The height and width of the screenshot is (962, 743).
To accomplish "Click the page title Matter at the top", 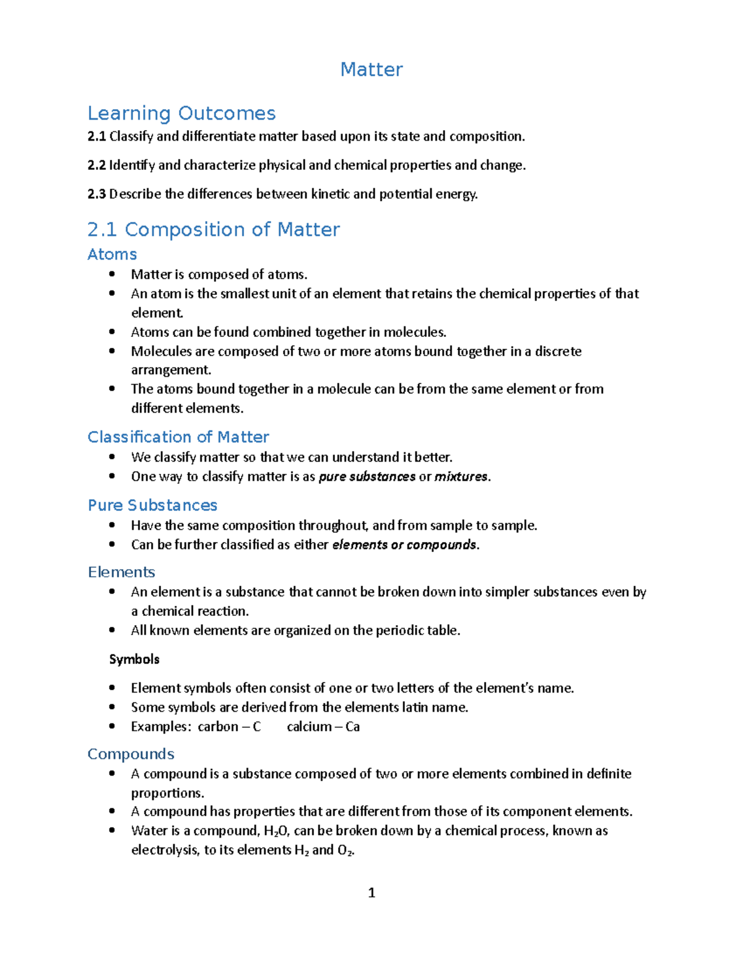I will pos(371,69).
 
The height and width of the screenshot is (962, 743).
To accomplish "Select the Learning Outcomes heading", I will pos(181,113).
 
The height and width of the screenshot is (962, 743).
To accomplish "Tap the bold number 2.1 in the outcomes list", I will pos(97,137).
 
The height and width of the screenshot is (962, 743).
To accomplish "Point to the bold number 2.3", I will pos(97,195).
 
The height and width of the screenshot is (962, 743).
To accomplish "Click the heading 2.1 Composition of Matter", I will pos(214,230).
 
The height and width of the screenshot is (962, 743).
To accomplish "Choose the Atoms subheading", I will pos(112,255).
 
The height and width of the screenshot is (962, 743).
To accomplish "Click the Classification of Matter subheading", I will pos(178,437).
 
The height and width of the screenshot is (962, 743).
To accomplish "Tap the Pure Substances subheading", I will pos(152,505).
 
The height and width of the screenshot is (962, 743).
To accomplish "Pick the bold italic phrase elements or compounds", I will pos(404,545).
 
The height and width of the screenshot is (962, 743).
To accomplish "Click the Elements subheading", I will pos(121,572).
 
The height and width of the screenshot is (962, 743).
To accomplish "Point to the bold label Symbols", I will pos(134,660).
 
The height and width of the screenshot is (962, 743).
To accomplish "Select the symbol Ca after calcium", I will pos(352,727).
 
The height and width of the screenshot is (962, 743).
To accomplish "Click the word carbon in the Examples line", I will pos(218,727).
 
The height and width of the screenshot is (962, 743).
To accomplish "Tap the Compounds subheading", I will pos(131,754).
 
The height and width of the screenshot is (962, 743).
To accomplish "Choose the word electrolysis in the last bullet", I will pos(165,850).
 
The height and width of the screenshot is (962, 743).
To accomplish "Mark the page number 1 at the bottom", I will pos(371,893).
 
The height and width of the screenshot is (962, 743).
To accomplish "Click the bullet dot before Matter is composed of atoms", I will pos(112,274).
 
